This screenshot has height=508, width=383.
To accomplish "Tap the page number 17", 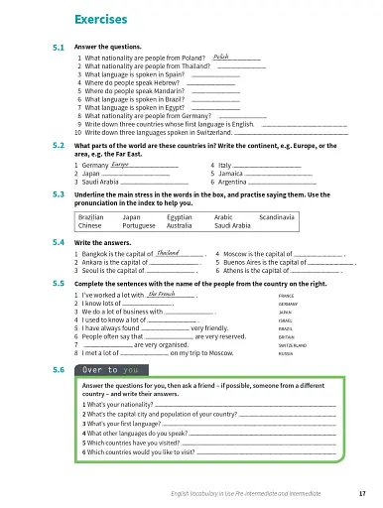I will [364, 493].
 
